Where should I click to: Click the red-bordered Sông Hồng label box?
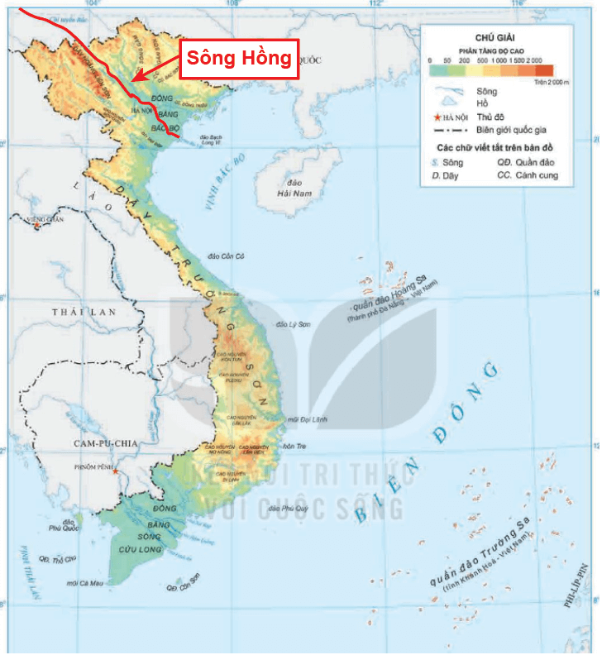click(x=239, y=58)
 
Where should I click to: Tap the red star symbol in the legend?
click(x=437, y=117)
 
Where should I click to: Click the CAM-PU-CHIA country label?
click(x=104, y=443)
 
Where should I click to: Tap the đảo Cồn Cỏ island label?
click(x=228, y=257)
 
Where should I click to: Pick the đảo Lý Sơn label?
click(x=294, y=324)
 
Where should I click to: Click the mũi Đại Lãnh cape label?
click(x=308, y=420)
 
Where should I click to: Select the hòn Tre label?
click(x=294, y=447)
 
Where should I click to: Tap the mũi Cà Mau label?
click(x=84, y=583)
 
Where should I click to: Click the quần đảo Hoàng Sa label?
click(x=393, y=295)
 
